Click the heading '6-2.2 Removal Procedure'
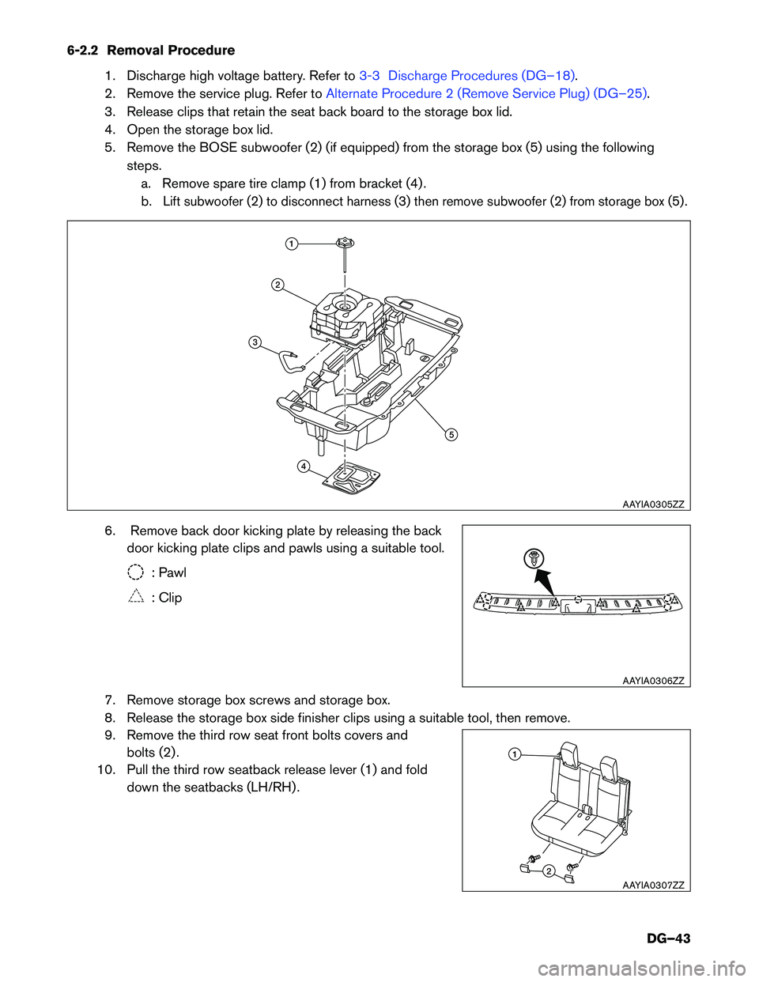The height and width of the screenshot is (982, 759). coord(151,51)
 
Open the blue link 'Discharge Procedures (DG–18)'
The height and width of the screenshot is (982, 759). coord(481,76)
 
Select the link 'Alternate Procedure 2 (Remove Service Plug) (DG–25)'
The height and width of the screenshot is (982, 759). coord(487,93)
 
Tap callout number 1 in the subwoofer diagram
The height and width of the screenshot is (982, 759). coord(292,244)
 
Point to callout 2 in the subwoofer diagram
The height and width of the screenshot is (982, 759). coord(278,285)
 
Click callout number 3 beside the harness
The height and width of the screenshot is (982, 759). coord(255,342)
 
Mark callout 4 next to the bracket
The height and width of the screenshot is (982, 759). coord(303,466)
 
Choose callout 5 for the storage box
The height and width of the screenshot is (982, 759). coord(451,434)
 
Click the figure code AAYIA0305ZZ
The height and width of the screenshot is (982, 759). coord(653,504)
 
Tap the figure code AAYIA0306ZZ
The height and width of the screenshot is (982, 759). coord(653,681)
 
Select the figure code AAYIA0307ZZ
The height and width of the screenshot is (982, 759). coord(653,886)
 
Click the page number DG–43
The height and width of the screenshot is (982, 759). coord(668,939)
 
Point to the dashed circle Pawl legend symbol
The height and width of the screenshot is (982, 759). coord(136,572)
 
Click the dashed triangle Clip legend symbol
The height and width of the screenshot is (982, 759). coord(136,598)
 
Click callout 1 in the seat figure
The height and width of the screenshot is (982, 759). coord(514,754)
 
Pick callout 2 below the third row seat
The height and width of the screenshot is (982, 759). coord(548,871)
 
